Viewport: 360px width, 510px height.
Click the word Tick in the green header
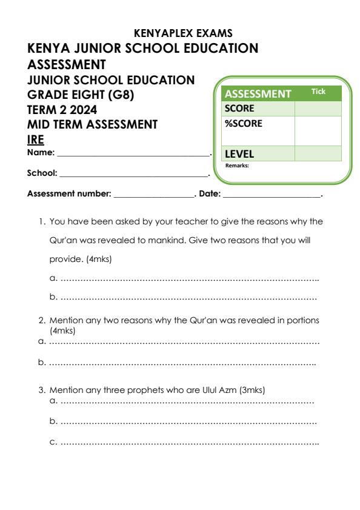click(318, 92)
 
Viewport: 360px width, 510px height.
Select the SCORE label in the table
click(239, 109)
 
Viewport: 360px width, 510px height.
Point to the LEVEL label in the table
click(239, 154)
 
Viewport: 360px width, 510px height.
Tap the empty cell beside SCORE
click(318, 109)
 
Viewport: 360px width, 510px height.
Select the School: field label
click(42, 173)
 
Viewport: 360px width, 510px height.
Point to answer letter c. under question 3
click(53, 443)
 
